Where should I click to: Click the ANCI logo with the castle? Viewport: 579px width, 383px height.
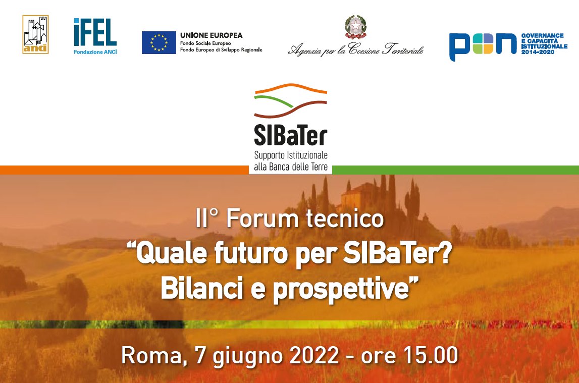pos(35,34)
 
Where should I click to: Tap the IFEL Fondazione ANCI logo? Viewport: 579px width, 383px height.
pos(95,36)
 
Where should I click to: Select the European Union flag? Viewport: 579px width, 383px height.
pos(159,42)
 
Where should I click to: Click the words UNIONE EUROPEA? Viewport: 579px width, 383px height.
pos(211,35)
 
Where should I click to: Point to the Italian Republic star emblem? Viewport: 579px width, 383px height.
pos(356,28)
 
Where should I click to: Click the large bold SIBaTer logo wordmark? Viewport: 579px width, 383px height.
pos(290,135)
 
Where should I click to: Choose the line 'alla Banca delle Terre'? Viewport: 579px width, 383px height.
pos(290,166)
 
